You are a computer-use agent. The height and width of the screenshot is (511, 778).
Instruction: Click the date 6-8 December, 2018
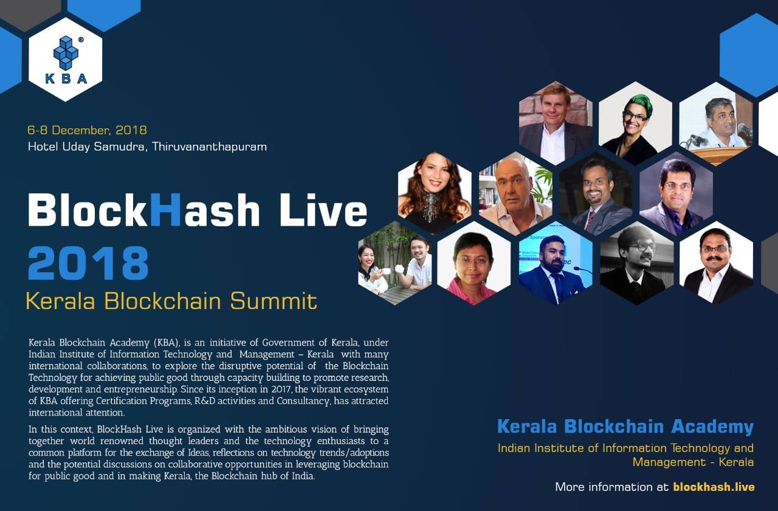coord(88,130)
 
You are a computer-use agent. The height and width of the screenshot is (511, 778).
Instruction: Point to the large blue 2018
coord(88,263)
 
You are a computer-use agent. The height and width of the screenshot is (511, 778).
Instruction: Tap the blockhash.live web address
coord(714,487)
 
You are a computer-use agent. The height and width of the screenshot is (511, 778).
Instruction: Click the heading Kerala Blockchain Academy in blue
coord(625,426)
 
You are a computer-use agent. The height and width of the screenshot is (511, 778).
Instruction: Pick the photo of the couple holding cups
coord(395,263)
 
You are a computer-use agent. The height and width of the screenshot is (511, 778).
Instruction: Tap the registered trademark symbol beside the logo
coord(81,40)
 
